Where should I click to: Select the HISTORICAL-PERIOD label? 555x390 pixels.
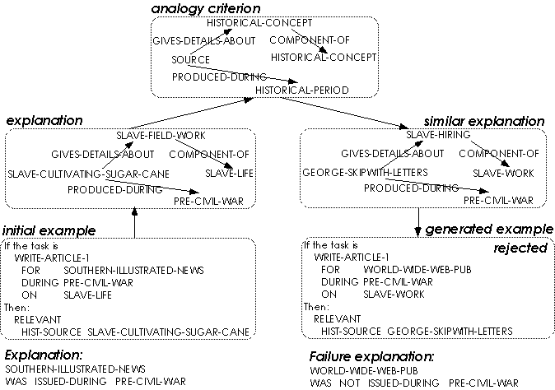301,89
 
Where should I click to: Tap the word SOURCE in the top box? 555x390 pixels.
190,60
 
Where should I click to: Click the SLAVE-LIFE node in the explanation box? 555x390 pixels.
227,173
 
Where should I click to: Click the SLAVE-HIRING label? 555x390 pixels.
437,135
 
